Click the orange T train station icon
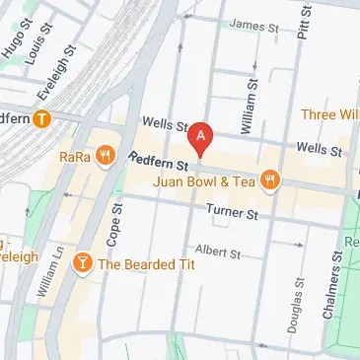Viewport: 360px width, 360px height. (x=40, y=119)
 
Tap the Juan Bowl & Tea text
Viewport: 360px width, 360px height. (x=209, y=180)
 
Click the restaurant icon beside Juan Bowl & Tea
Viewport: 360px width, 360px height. (x=272, y=180)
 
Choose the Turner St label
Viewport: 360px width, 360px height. (x=232, y=212)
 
